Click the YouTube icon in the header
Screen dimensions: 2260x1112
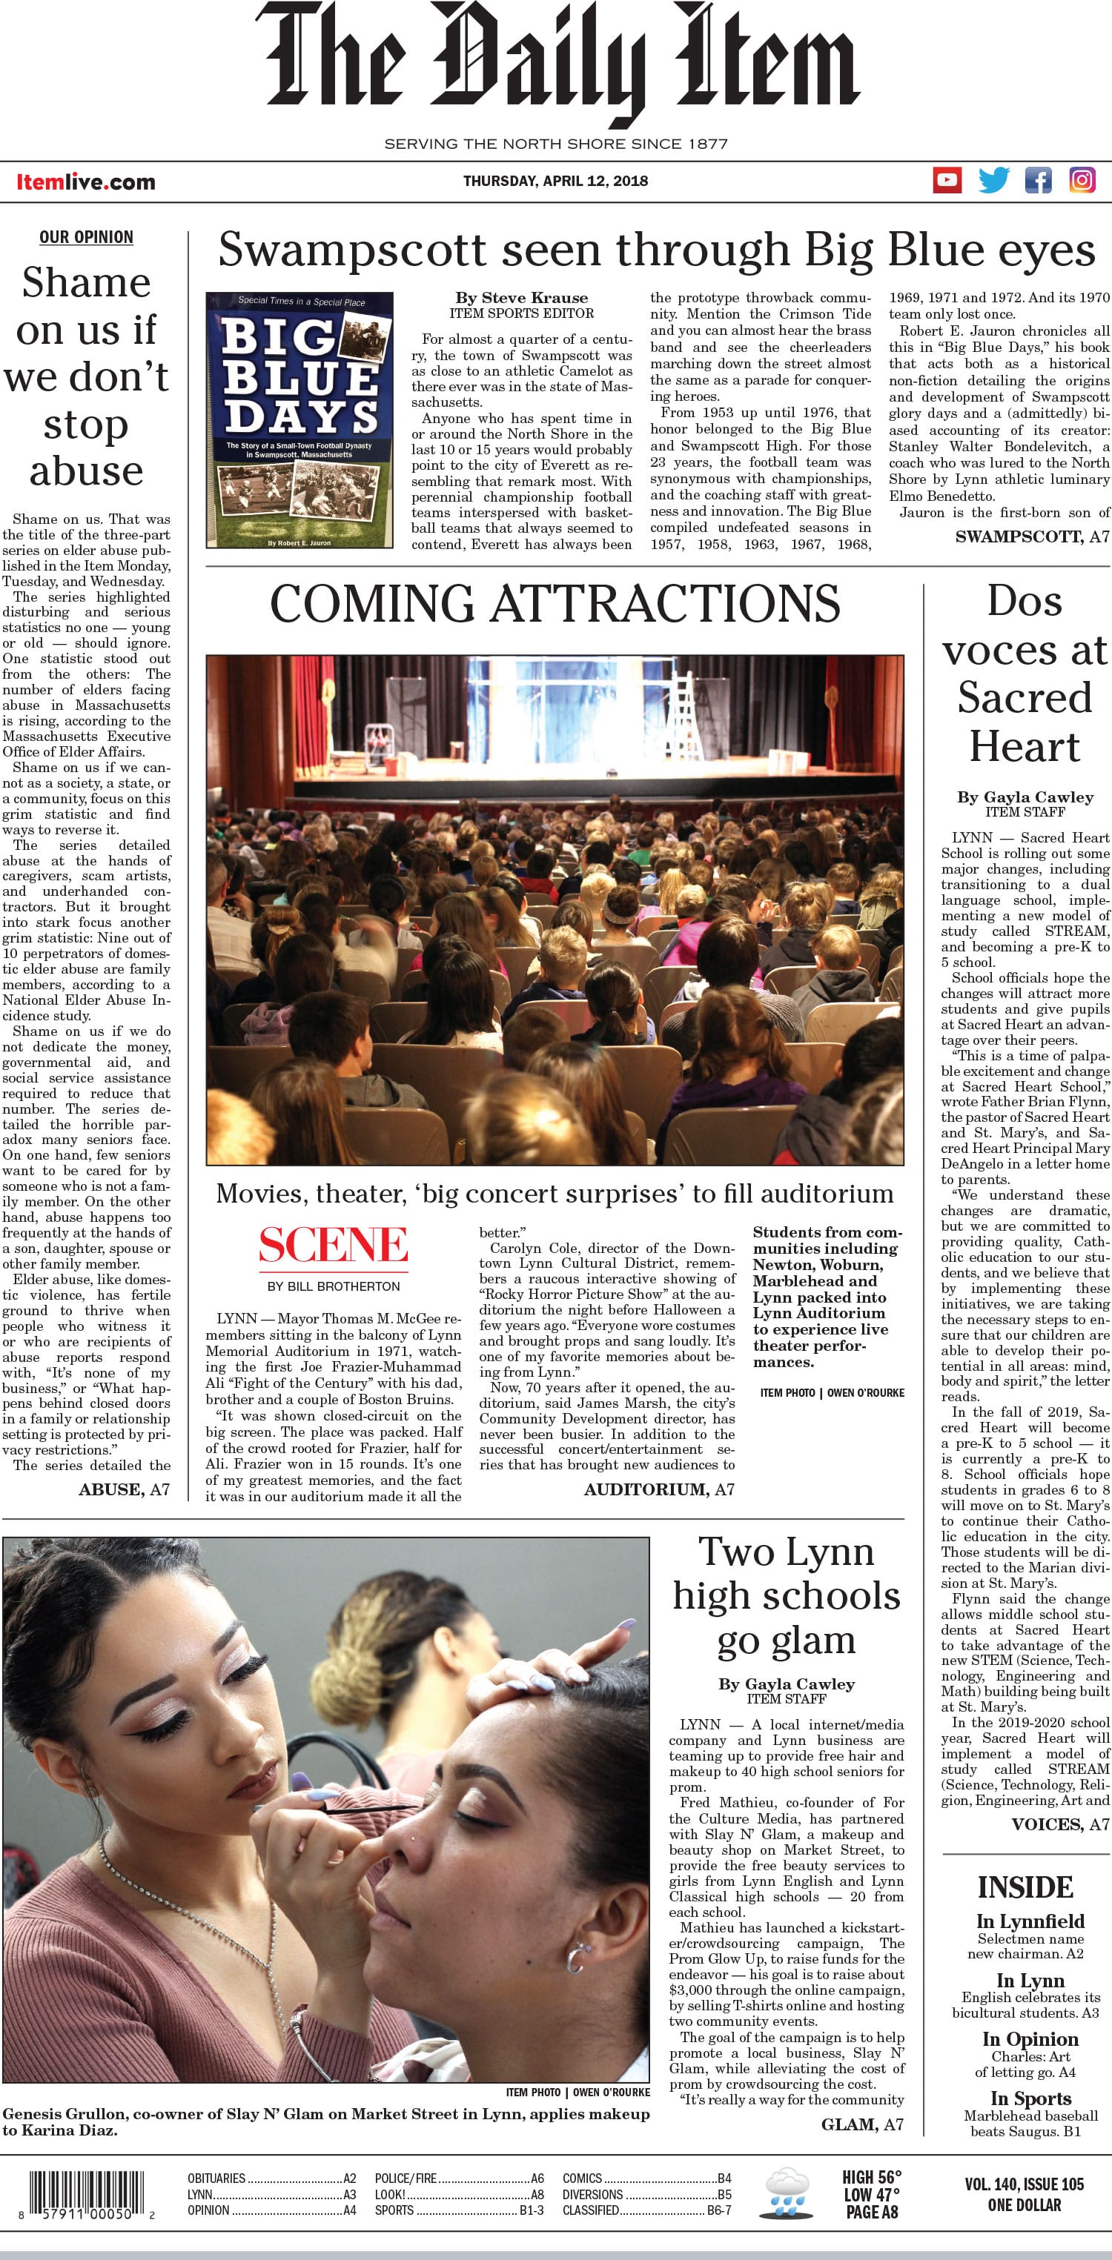tap(947, 181)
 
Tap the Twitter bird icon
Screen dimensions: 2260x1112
tap(993, 181)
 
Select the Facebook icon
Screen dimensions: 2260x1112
tap(1039, 181)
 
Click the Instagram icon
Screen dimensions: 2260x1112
tap(1082, 181)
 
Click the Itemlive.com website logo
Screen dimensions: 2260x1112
tap(86, 182)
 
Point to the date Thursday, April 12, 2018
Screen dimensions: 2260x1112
tap(555, 182)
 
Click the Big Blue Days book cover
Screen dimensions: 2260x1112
tap(299, 419)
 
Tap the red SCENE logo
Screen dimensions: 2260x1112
tap(334, 1245)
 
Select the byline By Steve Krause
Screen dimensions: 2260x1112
tap(521, 297)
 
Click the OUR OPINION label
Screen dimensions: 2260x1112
tap(86, 237)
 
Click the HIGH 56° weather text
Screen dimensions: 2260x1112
tap(872, 2177)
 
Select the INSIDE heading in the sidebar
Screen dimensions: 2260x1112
tap(1025, 1887)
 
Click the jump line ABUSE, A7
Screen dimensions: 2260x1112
tap(124, 1489)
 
